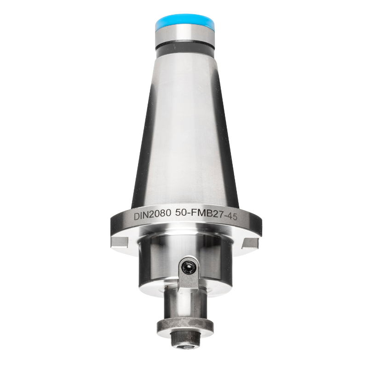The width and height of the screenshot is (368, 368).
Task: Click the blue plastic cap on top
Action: tap(184, 21)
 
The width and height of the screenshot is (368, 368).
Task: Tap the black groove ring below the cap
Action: tap(184, 47)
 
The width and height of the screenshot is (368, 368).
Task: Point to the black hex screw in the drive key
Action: tap(189, 266)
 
